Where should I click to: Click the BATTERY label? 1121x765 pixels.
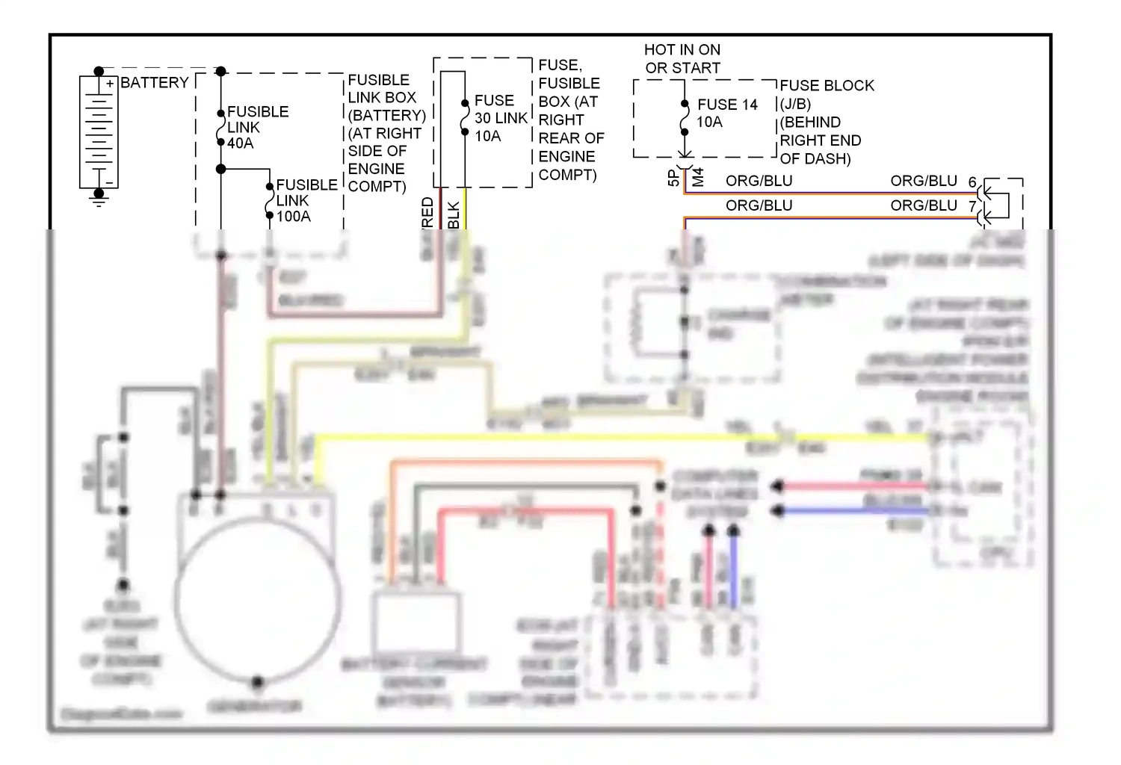(x=155, y=82)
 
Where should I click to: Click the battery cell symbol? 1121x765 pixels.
(x=99, y=131)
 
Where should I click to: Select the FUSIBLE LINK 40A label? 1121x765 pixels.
(x=258, y=127)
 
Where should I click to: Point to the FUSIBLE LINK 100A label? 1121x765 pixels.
(x=306, y=200)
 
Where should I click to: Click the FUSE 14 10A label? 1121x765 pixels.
(x=726, y=113)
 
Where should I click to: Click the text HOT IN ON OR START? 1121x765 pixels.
(x=682, y=58)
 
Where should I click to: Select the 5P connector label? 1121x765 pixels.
(x=673, y=178)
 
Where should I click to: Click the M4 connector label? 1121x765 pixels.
(x=699, y=178)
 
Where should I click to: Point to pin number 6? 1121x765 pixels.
(x=972, y=182)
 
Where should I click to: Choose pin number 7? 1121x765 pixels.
(x=972, y=206)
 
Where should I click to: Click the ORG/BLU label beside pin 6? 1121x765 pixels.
(x=924, y=181)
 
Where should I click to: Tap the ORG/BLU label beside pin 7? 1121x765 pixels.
(x=924, y=205)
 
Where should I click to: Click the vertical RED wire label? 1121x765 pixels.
(x=428, y=212)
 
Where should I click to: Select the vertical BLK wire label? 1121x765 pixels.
(x=454, y=215)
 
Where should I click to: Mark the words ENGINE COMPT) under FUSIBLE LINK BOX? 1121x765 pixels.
(x=377, y=178)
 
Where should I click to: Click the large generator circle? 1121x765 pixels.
(x=259, y=598)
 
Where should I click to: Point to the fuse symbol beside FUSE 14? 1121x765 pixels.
(x=685, y=120)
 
